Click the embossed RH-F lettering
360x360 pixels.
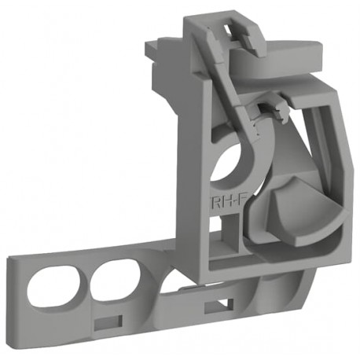(224, 201)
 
